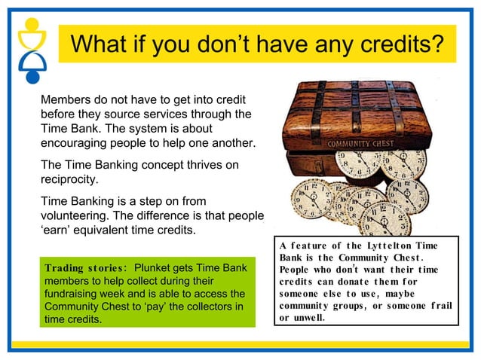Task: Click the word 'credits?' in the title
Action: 397,44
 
